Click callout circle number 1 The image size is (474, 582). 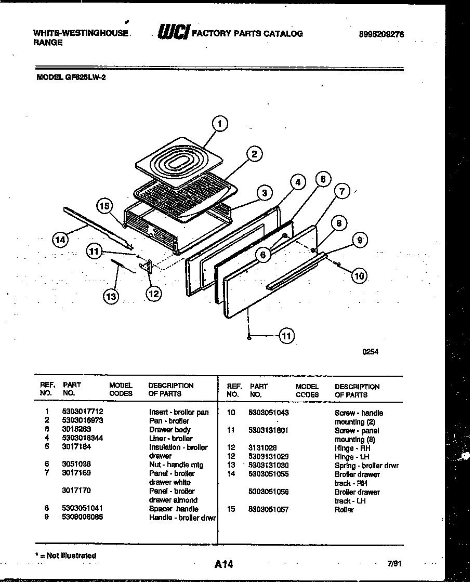(220, 124)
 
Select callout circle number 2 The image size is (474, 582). (254, 154)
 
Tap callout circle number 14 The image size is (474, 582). (60, 240)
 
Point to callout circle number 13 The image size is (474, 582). (110, 296)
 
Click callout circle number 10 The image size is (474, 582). (359, 276)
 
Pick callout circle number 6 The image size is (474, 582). (264, 255)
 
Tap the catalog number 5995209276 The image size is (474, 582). (381, 35)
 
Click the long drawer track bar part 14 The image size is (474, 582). (96, 226)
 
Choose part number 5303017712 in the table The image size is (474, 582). (79, 412)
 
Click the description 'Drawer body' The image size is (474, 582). (169, 430)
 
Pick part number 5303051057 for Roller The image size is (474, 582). (269, 510)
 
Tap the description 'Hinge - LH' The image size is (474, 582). (352, 457)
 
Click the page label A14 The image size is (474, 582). (223, 564)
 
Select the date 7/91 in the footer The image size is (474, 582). (394, 563)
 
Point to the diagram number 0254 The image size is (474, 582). (371, 352)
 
